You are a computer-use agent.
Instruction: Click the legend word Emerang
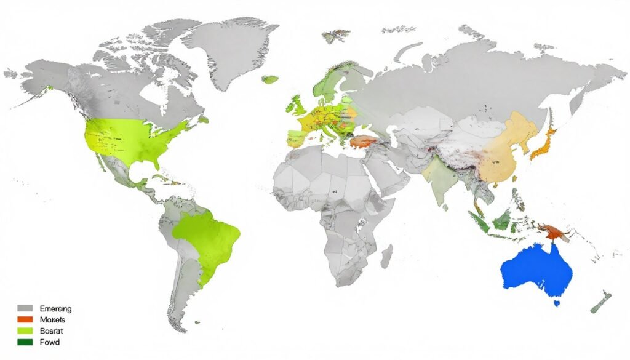55,308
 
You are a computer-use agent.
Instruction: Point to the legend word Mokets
52,320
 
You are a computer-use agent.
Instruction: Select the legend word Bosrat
52,331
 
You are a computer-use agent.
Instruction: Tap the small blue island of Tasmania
557,303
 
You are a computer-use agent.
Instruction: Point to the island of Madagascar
386,255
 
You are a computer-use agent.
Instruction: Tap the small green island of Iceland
269,79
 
